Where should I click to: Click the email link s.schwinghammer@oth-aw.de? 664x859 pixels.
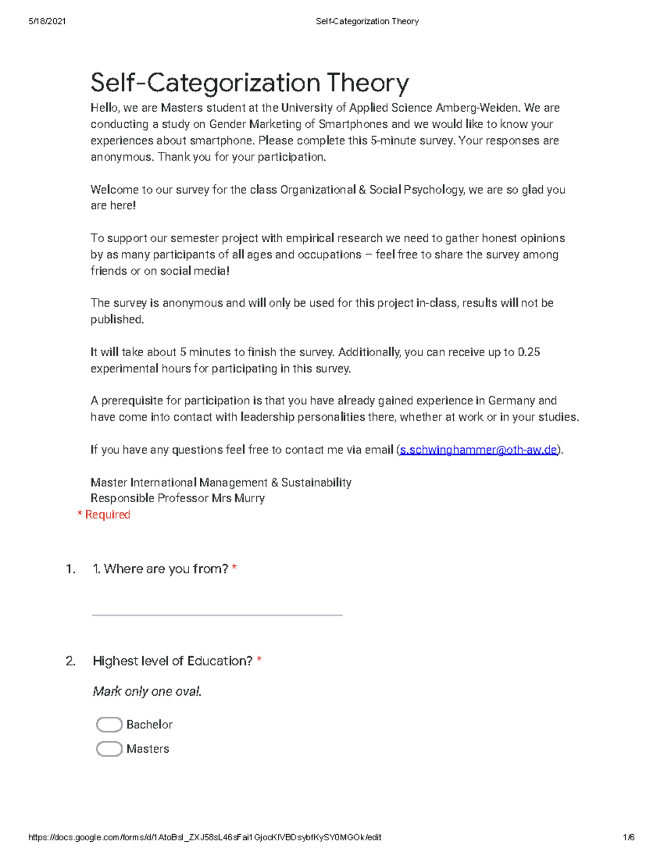(x=478, y=450)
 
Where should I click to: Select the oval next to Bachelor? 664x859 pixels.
(x=109, y=725)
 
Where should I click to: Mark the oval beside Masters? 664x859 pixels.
(x=109, y=749)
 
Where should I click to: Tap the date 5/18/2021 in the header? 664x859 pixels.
(x=47, y=22)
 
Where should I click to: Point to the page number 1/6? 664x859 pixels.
(x=628, y=837)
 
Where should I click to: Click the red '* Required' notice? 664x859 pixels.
(x=104, y=515)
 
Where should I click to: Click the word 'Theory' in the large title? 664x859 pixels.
(x=367, y=83)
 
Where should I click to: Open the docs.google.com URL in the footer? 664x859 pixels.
(x=205, y=837)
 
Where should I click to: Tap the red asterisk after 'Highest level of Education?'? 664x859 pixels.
(x=260, y=660)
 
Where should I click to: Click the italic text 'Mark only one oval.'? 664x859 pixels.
(x=147, y=691)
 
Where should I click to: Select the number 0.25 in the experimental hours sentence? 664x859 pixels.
(x=528, y=352)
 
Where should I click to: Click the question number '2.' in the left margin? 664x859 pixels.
(x=70, y=661)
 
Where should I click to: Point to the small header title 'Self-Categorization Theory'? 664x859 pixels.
(x=367, y=22)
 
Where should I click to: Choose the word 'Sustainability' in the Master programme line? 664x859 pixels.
(x=316, y=482)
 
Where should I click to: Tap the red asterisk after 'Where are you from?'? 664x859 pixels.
(x=235, y=568)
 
